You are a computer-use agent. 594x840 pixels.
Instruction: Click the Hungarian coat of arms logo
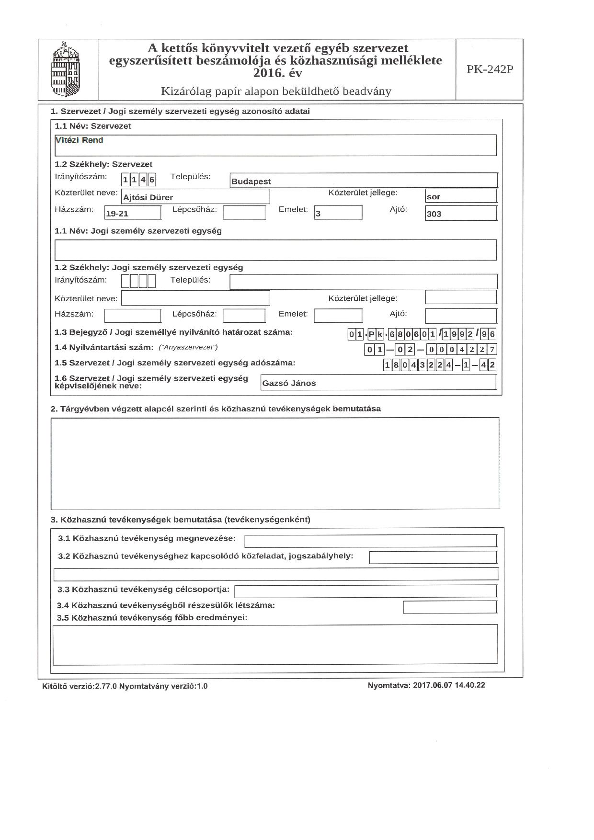67,70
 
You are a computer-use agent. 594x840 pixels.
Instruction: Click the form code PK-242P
490,69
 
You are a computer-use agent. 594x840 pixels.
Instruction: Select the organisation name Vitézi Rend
80,140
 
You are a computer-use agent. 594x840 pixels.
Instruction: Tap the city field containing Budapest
251,182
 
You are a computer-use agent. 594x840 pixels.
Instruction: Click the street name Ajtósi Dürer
148,197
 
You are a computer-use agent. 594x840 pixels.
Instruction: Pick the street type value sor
434,197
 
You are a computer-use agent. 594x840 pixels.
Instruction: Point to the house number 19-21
117,214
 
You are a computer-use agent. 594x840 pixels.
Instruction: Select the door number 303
434,214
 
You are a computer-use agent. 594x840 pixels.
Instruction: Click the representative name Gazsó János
289,383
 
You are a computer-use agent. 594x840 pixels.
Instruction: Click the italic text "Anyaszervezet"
188,347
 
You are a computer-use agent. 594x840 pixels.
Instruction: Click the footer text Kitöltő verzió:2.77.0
80,686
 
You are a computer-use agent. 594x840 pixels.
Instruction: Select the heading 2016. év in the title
278,73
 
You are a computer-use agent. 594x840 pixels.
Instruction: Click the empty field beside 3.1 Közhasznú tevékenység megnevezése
370,541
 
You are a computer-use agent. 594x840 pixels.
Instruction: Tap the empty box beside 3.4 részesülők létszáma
449,607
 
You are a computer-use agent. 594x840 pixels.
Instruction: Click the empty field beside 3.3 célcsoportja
365,590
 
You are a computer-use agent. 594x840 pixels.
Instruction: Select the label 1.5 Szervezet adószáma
175,363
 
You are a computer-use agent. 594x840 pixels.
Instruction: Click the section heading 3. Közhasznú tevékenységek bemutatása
181,520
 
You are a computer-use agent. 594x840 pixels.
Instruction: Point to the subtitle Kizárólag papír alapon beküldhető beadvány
276,91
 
